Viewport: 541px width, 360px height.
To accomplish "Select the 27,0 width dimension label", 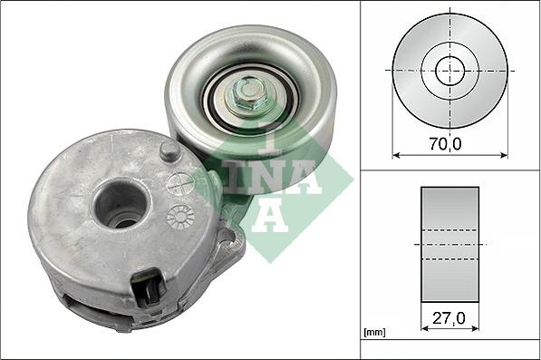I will [449, 318].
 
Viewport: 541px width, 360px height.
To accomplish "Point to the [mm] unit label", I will [373, 333].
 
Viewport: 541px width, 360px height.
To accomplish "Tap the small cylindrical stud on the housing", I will [169, 151].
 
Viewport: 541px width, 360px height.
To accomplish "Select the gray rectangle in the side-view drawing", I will [450, 244].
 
